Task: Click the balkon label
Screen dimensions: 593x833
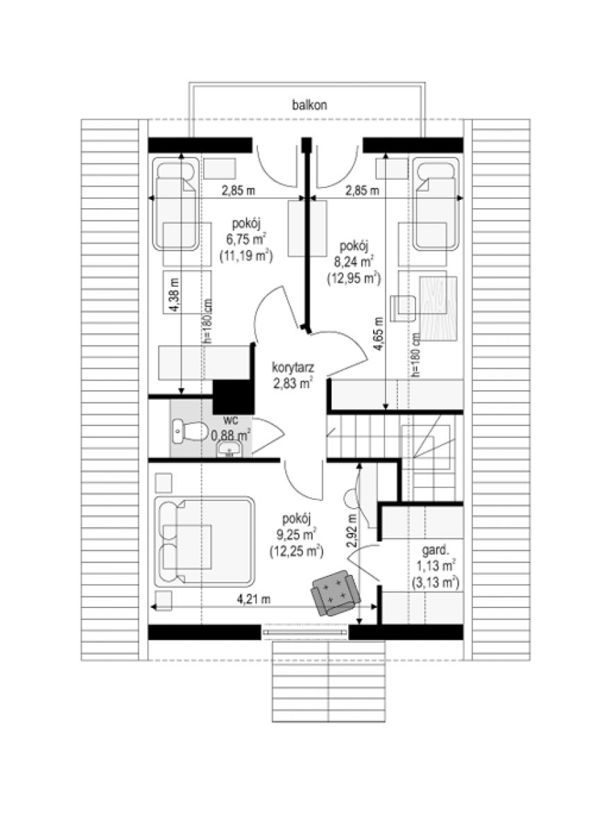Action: [309, 106]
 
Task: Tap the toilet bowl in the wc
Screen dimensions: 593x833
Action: [190, 431]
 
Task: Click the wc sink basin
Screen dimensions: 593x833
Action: [229, 449]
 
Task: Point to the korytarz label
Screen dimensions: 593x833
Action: [293, 368]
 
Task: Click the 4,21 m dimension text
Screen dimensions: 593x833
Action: [254, 600]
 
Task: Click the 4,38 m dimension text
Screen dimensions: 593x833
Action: [175, 295]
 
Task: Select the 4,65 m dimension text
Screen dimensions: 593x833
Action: [378, 334]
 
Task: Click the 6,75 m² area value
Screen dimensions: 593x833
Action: [246, 239]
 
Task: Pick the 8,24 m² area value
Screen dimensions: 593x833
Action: [354, 261]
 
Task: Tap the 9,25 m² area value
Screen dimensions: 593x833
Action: [296, 535]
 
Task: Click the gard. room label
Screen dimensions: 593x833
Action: [434, 550]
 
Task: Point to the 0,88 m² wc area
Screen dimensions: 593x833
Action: [231, 435]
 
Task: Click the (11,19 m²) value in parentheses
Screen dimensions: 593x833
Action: [246, 256]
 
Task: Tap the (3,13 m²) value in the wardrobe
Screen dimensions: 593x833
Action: [436, 582]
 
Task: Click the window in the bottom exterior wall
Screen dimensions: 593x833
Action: [304, 632]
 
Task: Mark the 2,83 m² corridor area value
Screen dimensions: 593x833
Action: [293, 383]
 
